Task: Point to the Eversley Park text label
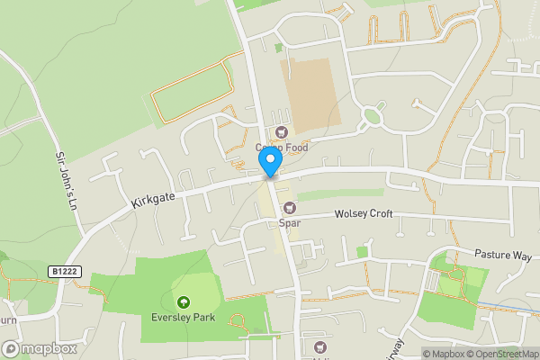[x=184, y=317]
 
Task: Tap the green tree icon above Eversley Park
[x=184, y=302]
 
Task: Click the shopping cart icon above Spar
[x=289, y=209]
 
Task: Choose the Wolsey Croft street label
[x=364, y=215]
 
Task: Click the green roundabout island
[x=372, y=116]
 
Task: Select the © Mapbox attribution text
[x=442, y=354]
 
